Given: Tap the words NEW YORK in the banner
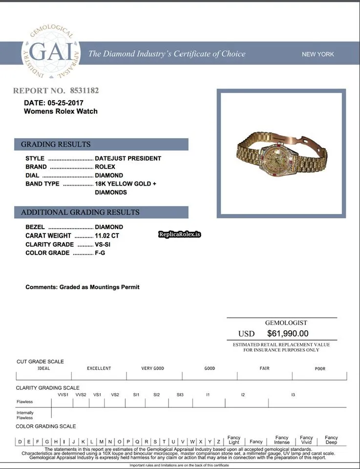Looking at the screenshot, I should (x=318, y=54).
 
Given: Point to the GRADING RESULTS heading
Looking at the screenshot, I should (x=56, y=144).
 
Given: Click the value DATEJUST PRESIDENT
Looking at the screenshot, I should (x=128, y=158).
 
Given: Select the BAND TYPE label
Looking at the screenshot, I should (x=42, y=184).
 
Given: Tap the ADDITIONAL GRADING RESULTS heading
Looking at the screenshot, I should (x=80, y=212).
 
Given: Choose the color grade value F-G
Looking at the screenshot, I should (x=100, y=253).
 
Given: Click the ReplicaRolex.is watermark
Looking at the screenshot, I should (x=180, y=234).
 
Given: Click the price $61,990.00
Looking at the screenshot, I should (x=288, y=334).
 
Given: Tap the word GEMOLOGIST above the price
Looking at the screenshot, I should (x=286, y=322).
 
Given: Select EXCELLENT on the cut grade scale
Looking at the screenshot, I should (x=99, y=368).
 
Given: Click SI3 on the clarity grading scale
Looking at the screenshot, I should (x=180, y=394).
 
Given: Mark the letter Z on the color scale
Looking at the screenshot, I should (x=218, y=442).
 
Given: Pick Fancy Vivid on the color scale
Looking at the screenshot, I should (x=306, y=440).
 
